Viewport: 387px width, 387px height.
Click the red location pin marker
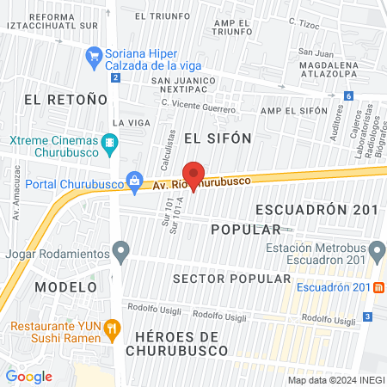pyautogui.click(x=193, y=175)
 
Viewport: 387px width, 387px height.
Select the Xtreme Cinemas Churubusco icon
pyautogui.click(x=109, y=144)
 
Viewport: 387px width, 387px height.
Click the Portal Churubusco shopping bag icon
pyautogui.click(x=135, y=181)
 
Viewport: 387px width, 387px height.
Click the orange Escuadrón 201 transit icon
pyautogui.click(x=379, y=287)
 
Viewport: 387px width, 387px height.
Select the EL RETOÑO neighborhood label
pyautogui.click(x=58, y=100)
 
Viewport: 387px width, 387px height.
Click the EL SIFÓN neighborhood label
pyautogui.click(x=218, y=138)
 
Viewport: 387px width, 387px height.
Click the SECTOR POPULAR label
pyautogui.click(x=231, y=279)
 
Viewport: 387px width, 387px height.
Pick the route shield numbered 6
pyautogui.click(x=349, y=96)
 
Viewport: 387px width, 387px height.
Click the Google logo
pyautogui.click(x=28, y=376)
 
